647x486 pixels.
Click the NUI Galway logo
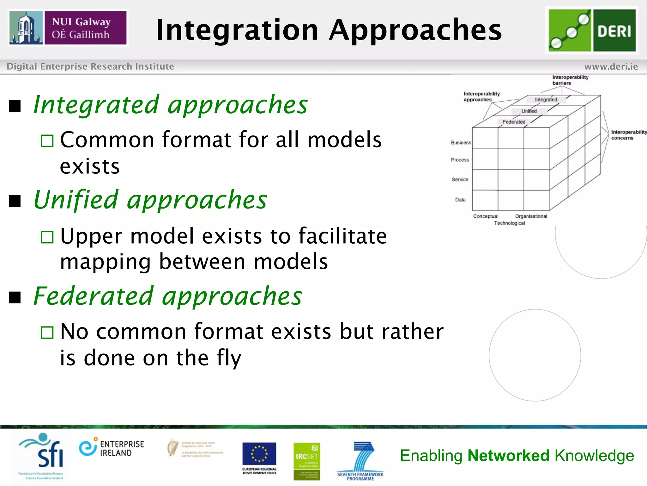coord(68,28)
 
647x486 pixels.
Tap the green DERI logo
coord(592,30)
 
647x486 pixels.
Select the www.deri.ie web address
coord(611,66)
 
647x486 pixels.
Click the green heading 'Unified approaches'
coord(150,200)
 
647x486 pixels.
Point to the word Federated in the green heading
coord(94,296)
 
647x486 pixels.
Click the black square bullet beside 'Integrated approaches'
coord(15,106)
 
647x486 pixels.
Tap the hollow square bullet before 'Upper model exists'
coord(47,237)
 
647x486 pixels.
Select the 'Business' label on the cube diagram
coord(461,143)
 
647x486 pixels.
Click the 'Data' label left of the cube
coord(460,200)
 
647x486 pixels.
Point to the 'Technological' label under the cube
coord(509,223)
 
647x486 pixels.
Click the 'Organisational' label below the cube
coord(531,216)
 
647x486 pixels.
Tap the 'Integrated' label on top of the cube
coord(546,100)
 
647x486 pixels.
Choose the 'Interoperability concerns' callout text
coord(628,135)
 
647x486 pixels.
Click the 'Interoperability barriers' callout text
coord(570,80)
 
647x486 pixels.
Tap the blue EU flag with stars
coord(259,454)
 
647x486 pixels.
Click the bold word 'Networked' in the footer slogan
coord(508,456)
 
